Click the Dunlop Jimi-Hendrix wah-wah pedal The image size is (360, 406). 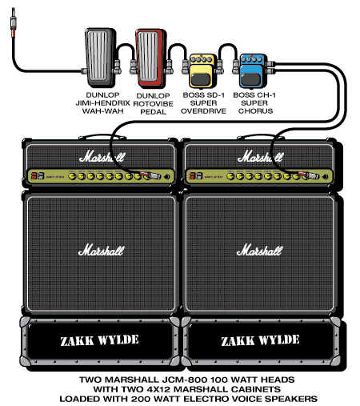pyautogui.click(x=100, y=57)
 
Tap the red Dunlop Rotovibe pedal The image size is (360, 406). pyautogui.click(x=150, y=57)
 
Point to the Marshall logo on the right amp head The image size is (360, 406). pyautogui.click(x=260, y=155)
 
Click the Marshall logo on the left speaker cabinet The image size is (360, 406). pyautogui.click(x=101, y=251)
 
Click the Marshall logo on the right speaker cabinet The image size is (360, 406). pyautogui.click(x=261, y=251)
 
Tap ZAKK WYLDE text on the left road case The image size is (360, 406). pyautogui.click(x=99, y=340)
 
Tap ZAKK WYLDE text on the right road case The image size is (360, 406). pyautogui.click(x=259, y=340)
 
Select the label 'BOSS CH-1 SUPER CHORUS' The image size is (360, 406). pyautogui.click(x=254, y=103)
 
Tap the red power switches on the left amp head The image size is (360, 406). pyautogui.click(x=35, y=175)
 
